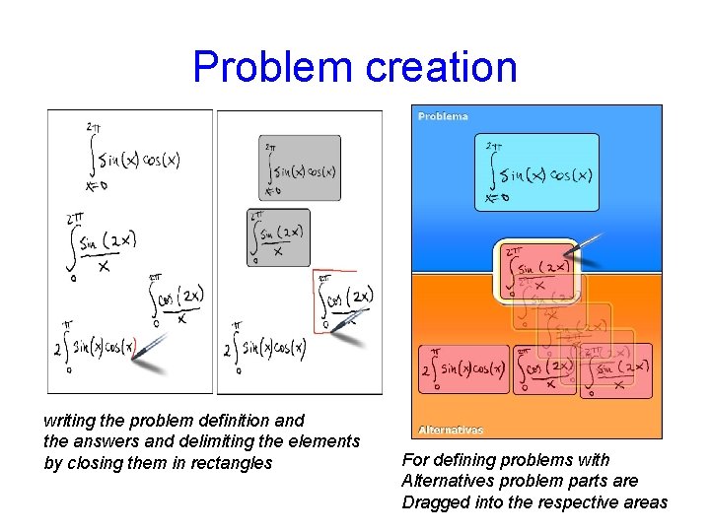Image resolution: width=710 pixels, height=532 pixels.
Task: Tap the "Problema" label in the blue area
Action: click(x=443, y=116)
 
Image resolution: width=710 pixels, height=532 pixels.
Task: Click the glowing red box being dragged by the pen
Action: click(x=535, y=267)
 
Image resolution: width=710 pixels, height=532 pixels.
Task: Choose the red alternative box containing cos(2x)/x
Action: click(x=543, y=368)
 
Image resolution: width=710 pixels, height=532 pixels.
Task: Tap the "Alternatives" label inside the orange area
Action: click(x=451, y=430)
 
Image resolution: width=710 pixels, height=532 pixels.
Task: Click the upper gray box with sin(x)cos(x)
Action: click(x=300, y=168)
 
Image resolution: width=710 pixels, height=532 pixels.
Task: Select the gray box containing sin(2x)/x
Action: click(x=278, y=237)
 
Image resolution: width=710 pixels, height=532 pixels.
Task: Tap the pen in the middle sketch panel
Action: click(x=351, y=326)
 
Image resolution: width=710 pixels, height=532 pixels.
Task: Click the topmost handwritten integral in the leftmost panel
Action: click(x=131, y=158)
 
